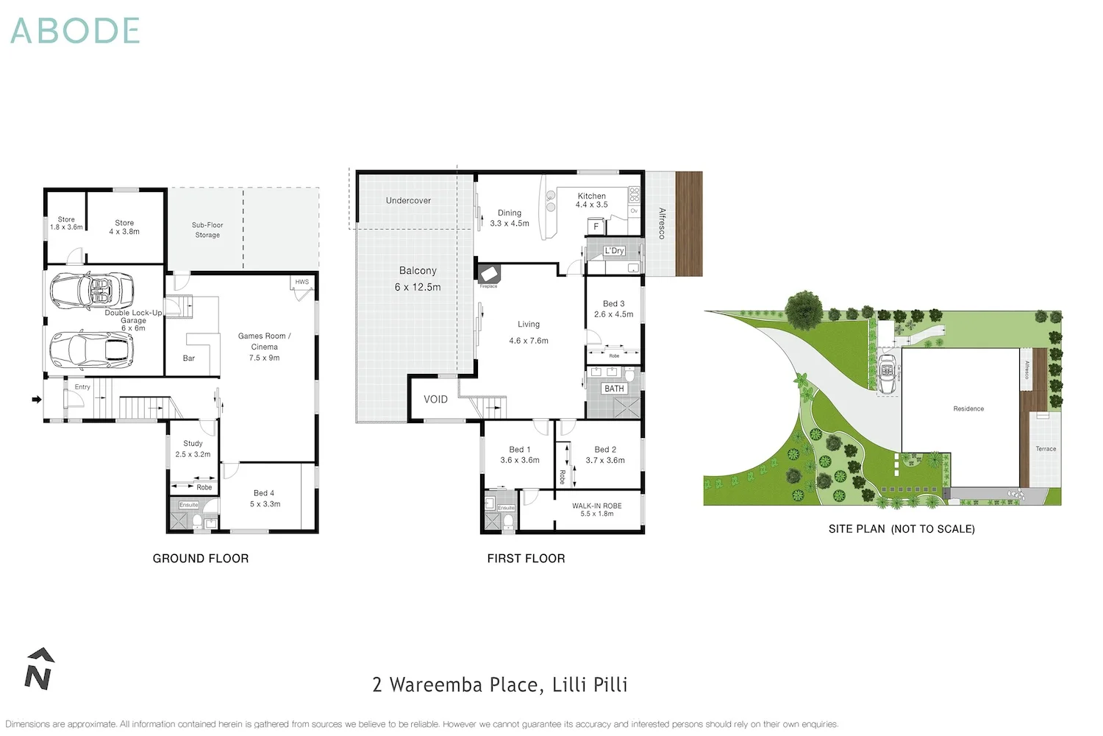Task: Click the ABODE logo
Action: (75, 31)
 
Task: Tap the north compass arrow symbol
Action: (39, 669)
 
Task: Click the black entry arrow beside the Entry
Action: (36, 400)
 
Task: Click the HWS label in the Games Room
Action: (302, 282)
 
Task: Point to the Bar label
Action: (189, 358)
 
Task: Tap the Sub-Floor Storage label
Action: (207, 230)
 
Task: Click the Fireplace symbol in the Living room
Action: (489, 275)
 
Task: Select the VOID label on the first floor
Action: (435, 400)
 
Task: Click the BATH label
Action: (614, 389)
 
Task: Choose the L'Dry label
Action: (614, 251)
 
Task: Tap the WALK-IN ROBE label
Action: (596, 506)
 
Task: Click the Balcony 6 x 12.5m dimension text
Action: (418, 287)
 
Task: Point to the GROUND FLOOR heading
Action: (201, 559)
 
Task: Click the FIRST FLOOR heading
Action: (526, 559)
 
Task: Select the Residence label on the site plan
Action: (968, 408)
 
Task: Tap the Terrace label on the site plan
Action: (1046, 448)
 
